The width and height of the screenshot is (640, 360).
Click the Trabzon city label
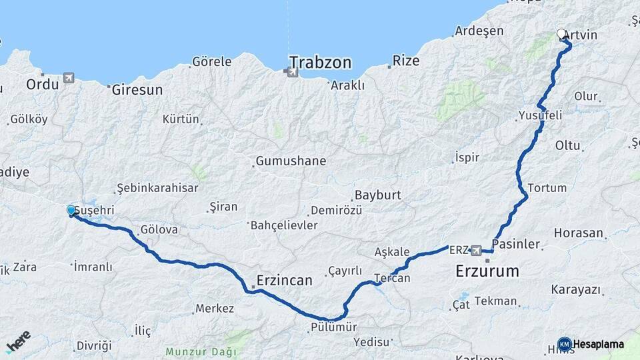pyautogui.click(x=320, y=63)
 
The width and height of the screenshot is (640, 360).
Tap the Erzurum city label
pyautogui.click(x=487, y=271)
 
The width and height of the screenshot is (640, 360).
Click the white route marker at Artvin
pyautogui.click(x=561, y=33)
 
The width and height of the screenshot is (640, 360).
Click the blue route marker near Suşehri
pyautogui.click(x=71, y=211)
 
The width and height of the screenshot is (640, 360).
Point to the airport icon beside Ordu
pyautogui.click(x=69, y=79)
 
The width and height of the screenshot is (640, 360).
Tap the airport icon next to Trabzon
pyautogui.click(x=292, y=71)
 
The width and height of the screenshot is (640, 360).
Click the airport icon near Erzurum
pyautogui.click(x=476, y=251)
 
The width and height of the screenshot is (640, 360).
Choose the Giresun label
pyautogui.click(x=137, y=89)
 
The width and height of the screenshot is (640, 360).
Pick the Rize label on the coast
pyautogui.click(x=406, y=61)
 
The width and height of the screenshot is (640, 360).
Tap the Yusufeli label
pyautogui.click(x=540, y=115)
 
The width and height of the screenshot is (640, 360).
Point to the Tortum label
pyautogui.click(x=547, y=187)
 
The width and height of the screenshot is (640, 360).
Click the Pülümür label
pyautogui.click(x=334, y=327)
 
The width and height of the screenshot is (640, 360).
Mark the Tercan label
pyautogui.click(x=392, y=277)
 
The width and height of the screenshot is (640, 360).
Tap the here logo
pyautogui.click(x=18, y=341)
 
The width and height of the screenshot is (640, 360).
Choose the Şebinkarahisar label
pyautogui.click(x=157, y=187)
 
